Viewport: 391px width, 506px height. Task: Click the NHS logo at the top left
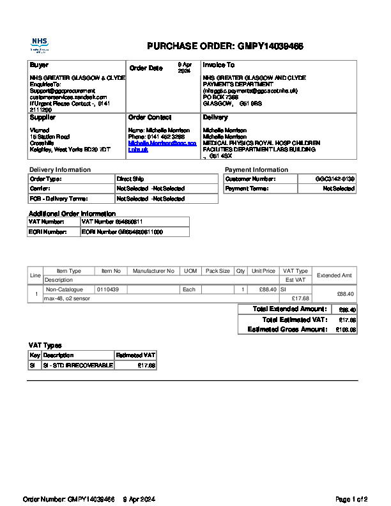[x=40, y=44]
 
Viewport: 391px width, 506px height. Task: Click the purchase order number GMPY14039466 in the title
[x=270, y=46]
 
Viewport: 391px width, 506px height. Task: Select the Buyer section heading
[x=39, y=65]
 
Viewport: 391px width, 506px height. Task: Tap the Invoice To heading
[x=218, y=65]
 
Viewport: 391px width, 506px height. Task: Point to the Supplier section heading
[x=43, y=118]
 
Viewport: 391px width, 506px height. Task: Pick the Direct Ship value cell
[x=125, y=179]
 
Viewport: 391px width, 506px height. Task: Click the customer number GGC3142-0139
[x=335, y=179]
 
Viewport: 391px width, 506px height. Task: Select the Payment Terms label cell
[x=247, y=189]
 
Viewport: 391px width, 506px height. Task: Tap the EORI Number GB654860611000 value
[x=122, y=232]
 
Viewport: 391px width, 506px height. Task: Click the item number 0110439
[x=107, y=289]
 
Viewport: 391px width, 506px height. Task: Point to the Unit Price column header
[x=263, y=271]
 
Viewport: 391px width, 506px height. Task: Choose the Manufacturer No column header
[x=153, y=271]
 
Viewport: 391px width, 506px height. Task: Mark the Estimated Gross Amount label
[x=287, y=330]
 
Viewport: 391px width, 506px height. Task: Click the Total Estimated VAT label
[x=295, y=319]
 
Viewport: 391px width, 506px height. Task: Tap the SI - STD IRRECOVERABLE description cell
[x=77, y=365]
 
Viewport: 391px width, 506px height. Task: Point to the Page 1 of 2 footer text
[x=351, y=499]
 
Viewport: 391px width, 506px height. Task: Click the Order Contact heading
[x=150, y=118]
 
